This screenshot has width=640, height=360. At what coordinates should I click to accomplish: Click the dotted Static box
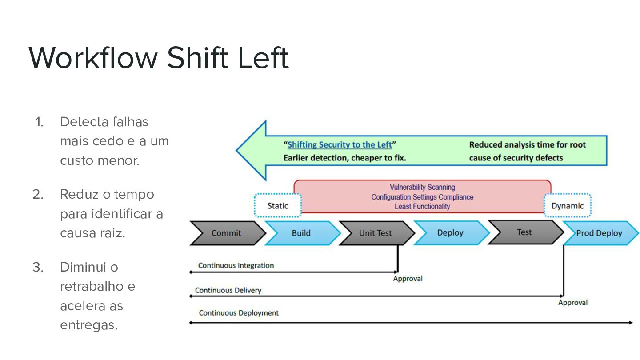pyautogui.click(x=278, y=205)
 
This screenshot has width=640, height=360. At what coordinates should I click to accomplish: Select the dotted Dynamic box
pyautogui.click(x=568, y=205)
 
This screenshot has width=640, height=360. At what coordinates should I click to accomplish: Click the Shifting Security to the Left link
pyautogui.click(x=340, y=144)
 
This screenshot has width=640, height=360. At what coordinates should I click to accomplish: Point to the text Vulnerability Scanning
pyautogui.click(x=422, y=187)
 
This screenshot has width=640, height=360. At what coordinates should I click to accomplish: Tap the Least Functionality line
pyautogui.click(x=422, y=207)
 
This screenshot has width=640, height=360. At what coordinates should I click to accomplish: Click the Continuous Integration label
pyautogui.click(x=236, y=265)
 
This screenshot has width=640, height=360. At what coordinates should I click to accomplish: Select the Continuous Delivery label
pyautogui.click(x=228, y=290)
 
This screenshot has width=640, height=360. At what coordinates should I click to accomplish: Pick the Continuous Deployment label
pyautogui.click(x=239, y=313)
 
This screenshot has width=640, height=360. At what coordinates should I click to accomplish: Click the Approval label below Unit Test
pyautogui.click(x=408, y=279)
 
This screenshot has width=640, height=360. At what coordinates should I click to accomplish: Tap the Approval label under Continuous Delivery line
pyautogui.click(x=573, y=303)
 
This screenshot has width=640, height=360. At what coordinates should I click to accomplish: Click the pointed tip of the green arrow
pyautogui.click(x=236, y=150)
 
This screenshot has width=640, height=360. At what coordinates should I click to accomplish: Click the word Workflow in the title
pyautogui.click(x=93, y=58)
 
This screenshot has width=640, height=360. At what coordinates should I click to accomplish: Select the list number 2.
pyautogui.click(x=38, y=195)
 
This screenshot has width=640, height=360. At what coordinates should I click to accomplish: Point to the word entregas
pyautogui.click(x=89, y=325)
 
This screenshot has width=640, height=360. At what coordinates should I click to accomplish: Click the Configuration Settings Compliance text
pyautogui.click(x=422, y=197)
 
